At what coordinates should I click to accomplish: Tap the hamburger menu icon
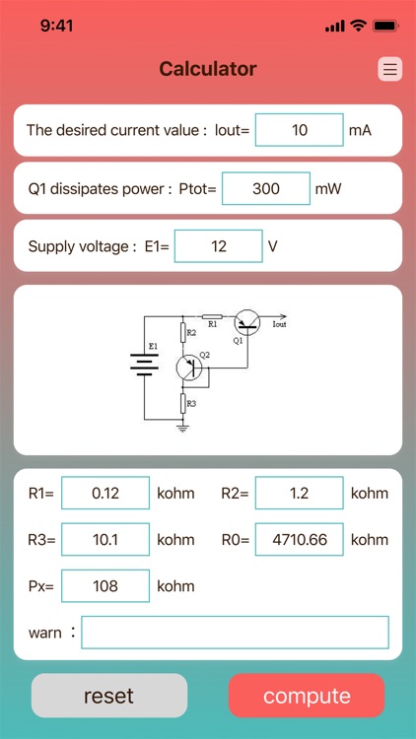tap(389, 69)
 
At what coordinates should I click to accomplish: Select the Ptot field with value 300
tap(266, 188)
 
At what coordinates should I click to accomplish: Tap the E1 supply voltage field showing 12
tap(218, 246)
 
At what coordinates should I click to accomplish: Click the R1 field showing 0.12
tap(104, 493)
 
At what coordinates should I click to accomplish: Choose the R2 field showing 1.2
tap(299, 493)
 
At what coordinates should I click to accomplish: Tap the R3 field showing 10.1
tap(104, 539)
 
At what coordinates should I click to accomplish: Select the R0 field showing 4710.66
tap(299, 539)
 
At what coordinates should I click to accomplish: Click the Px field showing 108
tap(104, 586)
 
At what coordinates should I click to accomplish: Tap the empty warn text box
tap(235, 633)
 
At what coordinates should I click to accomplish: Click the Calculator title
tap(208, 69)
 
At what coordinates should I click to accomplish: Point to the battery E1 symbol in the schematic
tap(144, 365)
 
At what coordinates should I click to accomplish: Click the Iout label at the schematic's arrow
tap(279, 323)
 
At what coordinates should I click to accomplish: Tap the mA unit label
tap(360, 130)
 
